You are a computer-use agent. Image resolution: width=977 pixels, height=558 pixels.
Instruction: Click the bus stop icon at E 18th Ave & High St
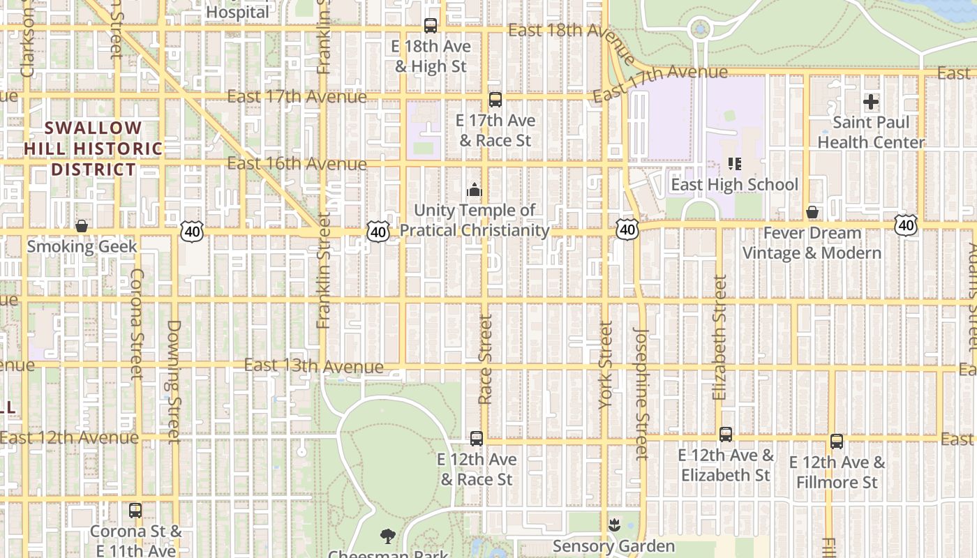point(431,26)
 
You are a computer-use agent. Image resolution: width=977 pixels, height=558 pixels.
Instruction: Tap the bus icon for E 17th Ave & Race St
point(495,100)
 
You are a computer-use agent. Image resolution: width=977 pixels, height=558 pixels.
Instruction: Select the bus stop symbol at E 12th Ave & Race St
point(477,439)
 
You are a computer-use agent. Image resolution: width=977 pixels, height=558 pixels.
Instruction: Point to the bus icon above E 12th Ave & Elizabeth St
point(726,435)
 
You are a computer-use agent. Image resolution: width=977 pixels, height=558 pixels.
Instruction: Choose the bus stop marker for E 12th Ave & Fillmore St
point(837,442)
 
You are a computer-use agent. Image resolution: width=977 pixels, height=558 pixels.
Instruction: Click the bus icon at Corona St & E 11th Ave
point(135,511)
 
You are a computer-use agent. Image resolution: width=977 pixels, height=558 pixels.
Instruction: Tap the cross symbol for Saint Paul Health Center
point(871,103)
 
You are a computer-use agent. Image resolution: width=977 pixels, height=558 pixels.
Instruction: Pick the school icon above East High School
point(734,164)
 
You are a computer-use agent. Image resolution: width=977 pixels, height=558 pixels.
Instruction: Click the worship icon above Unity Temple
point(475,190)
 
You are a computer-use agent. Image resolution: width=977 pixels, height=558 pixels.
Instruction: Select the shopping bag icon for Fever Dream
point(812,212)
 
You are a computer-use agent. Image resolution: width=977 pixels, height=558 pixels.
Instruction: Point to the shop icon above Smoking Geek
point(82,226)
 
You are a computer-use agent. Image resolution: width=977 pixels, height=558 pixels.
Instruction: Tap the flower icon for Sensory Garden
point(614,525)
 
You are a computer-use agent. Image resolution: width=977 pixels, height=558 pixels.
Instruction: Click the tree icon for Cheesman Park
point(387,536)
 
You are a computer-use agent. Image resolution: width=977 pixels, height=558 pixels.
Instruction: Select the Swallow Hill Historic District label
point(93,149)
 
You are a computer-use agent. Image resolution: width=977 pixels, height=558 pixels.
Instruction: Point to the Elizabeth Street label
point(719,337)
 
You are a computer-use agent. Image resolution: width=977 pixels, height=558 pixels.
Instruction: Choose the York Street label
point(605,365)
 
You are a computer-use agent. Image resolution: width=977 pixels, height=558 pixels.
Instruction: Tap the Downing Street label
point(174,381)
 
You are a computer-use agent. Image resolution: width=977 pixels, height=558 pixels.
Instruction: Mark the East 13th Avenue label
point(314,366)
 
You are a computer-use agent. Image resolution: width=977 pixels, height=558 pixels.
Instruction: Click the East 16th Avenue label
point(297,164)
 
